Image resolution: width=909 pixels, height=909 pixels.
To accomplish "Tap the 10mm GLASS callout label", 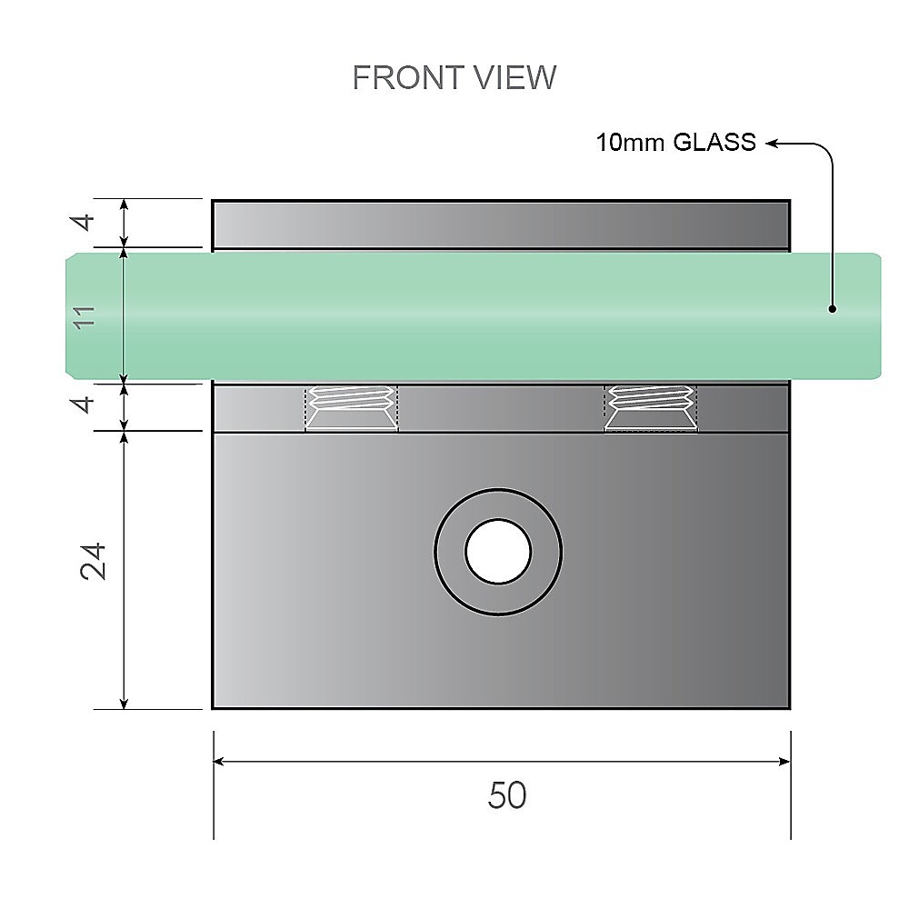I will click(x=675, y=143).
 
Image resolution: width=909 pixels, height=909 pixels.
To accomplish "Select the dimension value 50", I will click(x=507, y=796).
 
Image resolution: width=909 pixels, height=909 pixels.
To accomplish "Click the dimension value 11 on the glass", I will click(x=85, y=316).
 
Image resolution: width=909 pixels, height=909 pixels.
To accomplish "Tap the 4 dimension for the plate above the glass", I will click(x=85, y=222).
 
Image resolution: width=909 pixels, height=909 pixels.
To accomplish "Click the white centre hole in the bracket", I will click(x=498, y=552).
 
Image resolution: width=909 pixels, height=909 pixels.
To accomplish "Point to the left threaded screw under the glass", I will click(x=352, y=407).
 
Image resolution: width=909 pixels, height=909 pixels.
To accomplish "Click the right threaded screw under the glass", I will click(x=651, y=407).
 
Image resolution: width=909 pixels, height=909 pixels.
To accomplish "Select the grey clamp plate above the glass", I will click(x=500, y=224).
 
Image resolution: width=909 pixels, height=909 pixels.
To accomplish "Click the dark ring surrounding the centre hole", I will click(x=452, y=552).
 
